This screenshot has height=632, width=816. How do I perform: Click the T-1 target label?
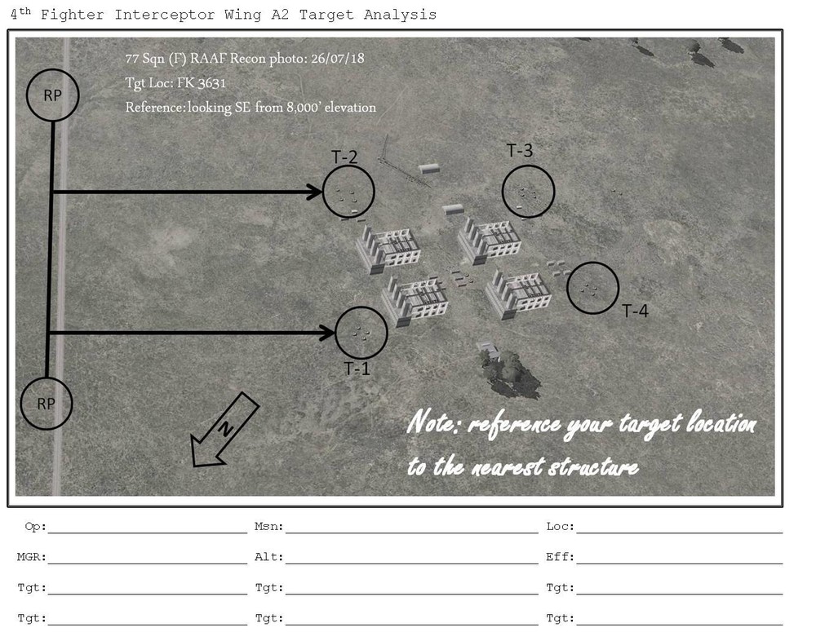(x=357, y=369)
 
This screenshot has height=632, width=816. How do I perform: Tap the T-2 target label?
(x=344, y=157)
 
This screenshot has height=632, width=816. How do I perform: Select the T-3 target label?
(x=520, y=150)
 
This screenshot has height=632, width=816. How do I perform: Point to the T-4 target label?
(x=636, y=311)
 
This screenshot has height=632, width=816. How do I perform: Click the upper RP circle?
(x=52, y=69)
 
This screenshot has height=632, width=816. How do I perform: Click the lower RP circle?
(x=47, y=378)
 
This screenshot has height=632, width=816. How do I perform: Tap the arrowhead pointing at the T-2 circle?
(x=315, y=192)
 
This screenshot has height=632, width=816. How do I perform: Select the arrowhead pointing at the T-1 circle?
(x=327, y=333)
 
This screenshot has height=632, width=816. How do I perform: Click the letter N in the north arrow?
(x=225, y=428)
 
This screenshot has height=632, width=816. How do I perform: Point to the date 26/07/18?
(x=338, y=58)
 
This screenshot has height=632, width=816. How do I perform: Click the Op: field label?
(x=35, y=527)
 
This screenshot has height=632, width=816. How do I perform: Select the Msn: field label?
(x=269, y=527)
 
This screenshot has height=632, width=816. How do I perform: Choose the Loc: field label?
(x=561, y=527)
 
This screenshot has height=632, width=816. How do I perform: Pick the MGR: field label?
(x=32, y=557)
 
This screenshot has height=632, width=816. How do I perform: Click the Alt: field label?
(x=269, y=557)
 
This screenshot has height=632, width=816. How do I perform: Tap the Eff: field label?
(x=561, y=557)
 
